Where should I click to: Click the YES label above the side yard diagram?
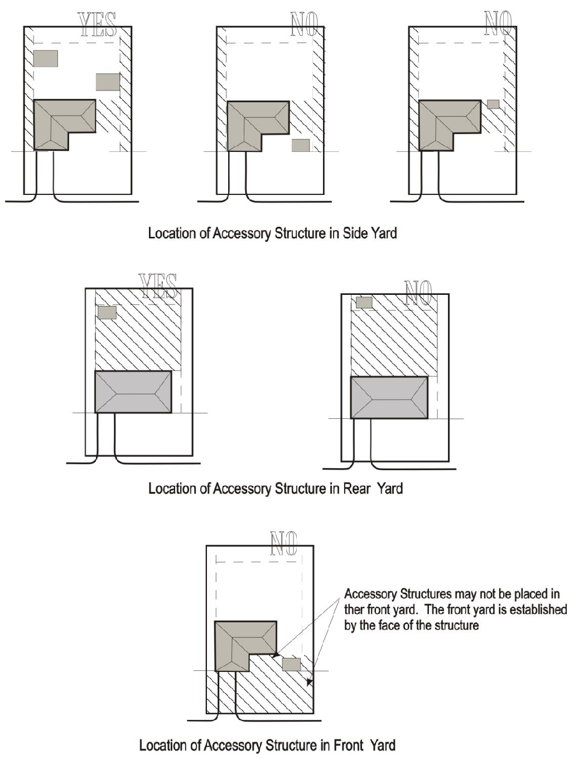click(98, 25)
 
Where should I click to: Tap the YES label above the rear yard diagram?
click(158, 287)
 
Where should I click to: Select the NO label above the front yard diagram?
click(284, 543)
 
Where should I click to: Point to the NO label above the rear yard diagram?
click(418, 293)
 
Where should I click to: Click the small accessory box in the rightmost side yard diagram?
click(493, 104)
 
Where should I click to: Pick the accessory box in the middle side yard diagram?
click(301, 145)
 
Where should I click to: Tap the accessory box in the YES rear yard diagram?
click(107, 312)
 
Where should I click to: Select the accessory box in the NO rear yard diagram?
click(364, 302)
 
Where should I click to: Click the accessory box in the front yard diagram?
click(291, 664)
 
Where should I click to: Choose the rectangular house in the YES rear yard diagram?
click(133, 392)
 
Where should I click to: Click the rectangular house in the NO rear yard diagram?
click(389, 397)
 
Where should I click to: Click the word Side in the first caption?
click(351, 233)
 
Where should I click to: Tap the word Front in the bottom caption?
click(347, 745)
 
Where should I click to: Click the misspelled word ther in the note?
click(354, 609)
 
